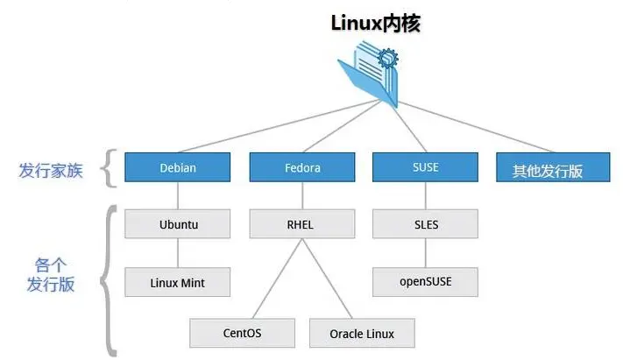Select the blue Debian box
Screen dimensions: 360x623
(178, 167)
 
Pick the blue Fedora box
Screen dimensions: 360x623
(302, 167)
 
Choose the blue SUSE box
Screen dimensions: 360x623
(425, 167)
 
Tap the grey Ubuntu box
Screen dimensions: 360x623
(178, 224)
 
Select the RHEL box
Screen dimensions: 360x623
(302, 224)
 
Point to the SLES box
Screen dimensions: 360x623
(425, 224)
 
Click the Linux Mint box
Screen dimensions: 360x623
(178, 282)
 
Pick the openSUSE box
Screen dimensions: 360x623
(425, 282)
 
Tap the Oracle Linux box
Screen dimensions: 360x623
(362, 333)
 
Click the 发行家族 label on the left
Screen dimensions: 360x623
(51, 170)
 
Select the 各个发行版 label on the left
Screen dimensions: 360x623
(51, 272)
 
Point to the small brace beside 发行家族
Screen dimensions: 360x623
(109, 168)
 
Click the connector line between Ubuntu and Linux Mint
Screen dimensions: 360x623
(178, 253)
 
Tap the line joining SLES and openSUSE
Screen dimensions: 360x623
(425, 253)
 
